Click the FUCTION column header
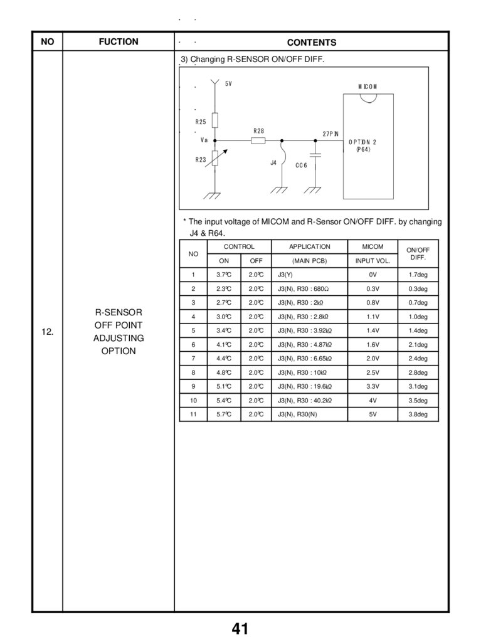pos(118,42)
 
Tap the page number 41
pos(240,629)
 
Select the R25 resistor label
pos(201,122)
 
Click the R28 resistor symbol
pos(258,140)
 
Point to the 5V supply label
pos(228,83)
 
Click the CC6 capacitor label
pos(302,166)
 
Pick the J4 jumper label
pos(273,162)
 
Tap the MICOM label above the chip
pos(367,87)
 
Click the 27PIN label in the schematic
pos(330,134)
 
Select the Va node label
pos(204,140)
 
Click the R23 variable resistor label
pos(201,160)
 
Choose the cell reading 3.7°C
pos(224,275)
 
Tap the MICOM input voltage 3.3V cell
pos(373,386)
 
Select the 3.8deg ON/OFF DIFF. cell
pos(418,414)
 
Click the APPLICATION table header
pos(309,247)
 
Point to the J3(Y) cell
pos(285,275)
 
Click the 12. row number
pos(47,332)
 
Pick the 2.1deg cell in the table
pos(418,344)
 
